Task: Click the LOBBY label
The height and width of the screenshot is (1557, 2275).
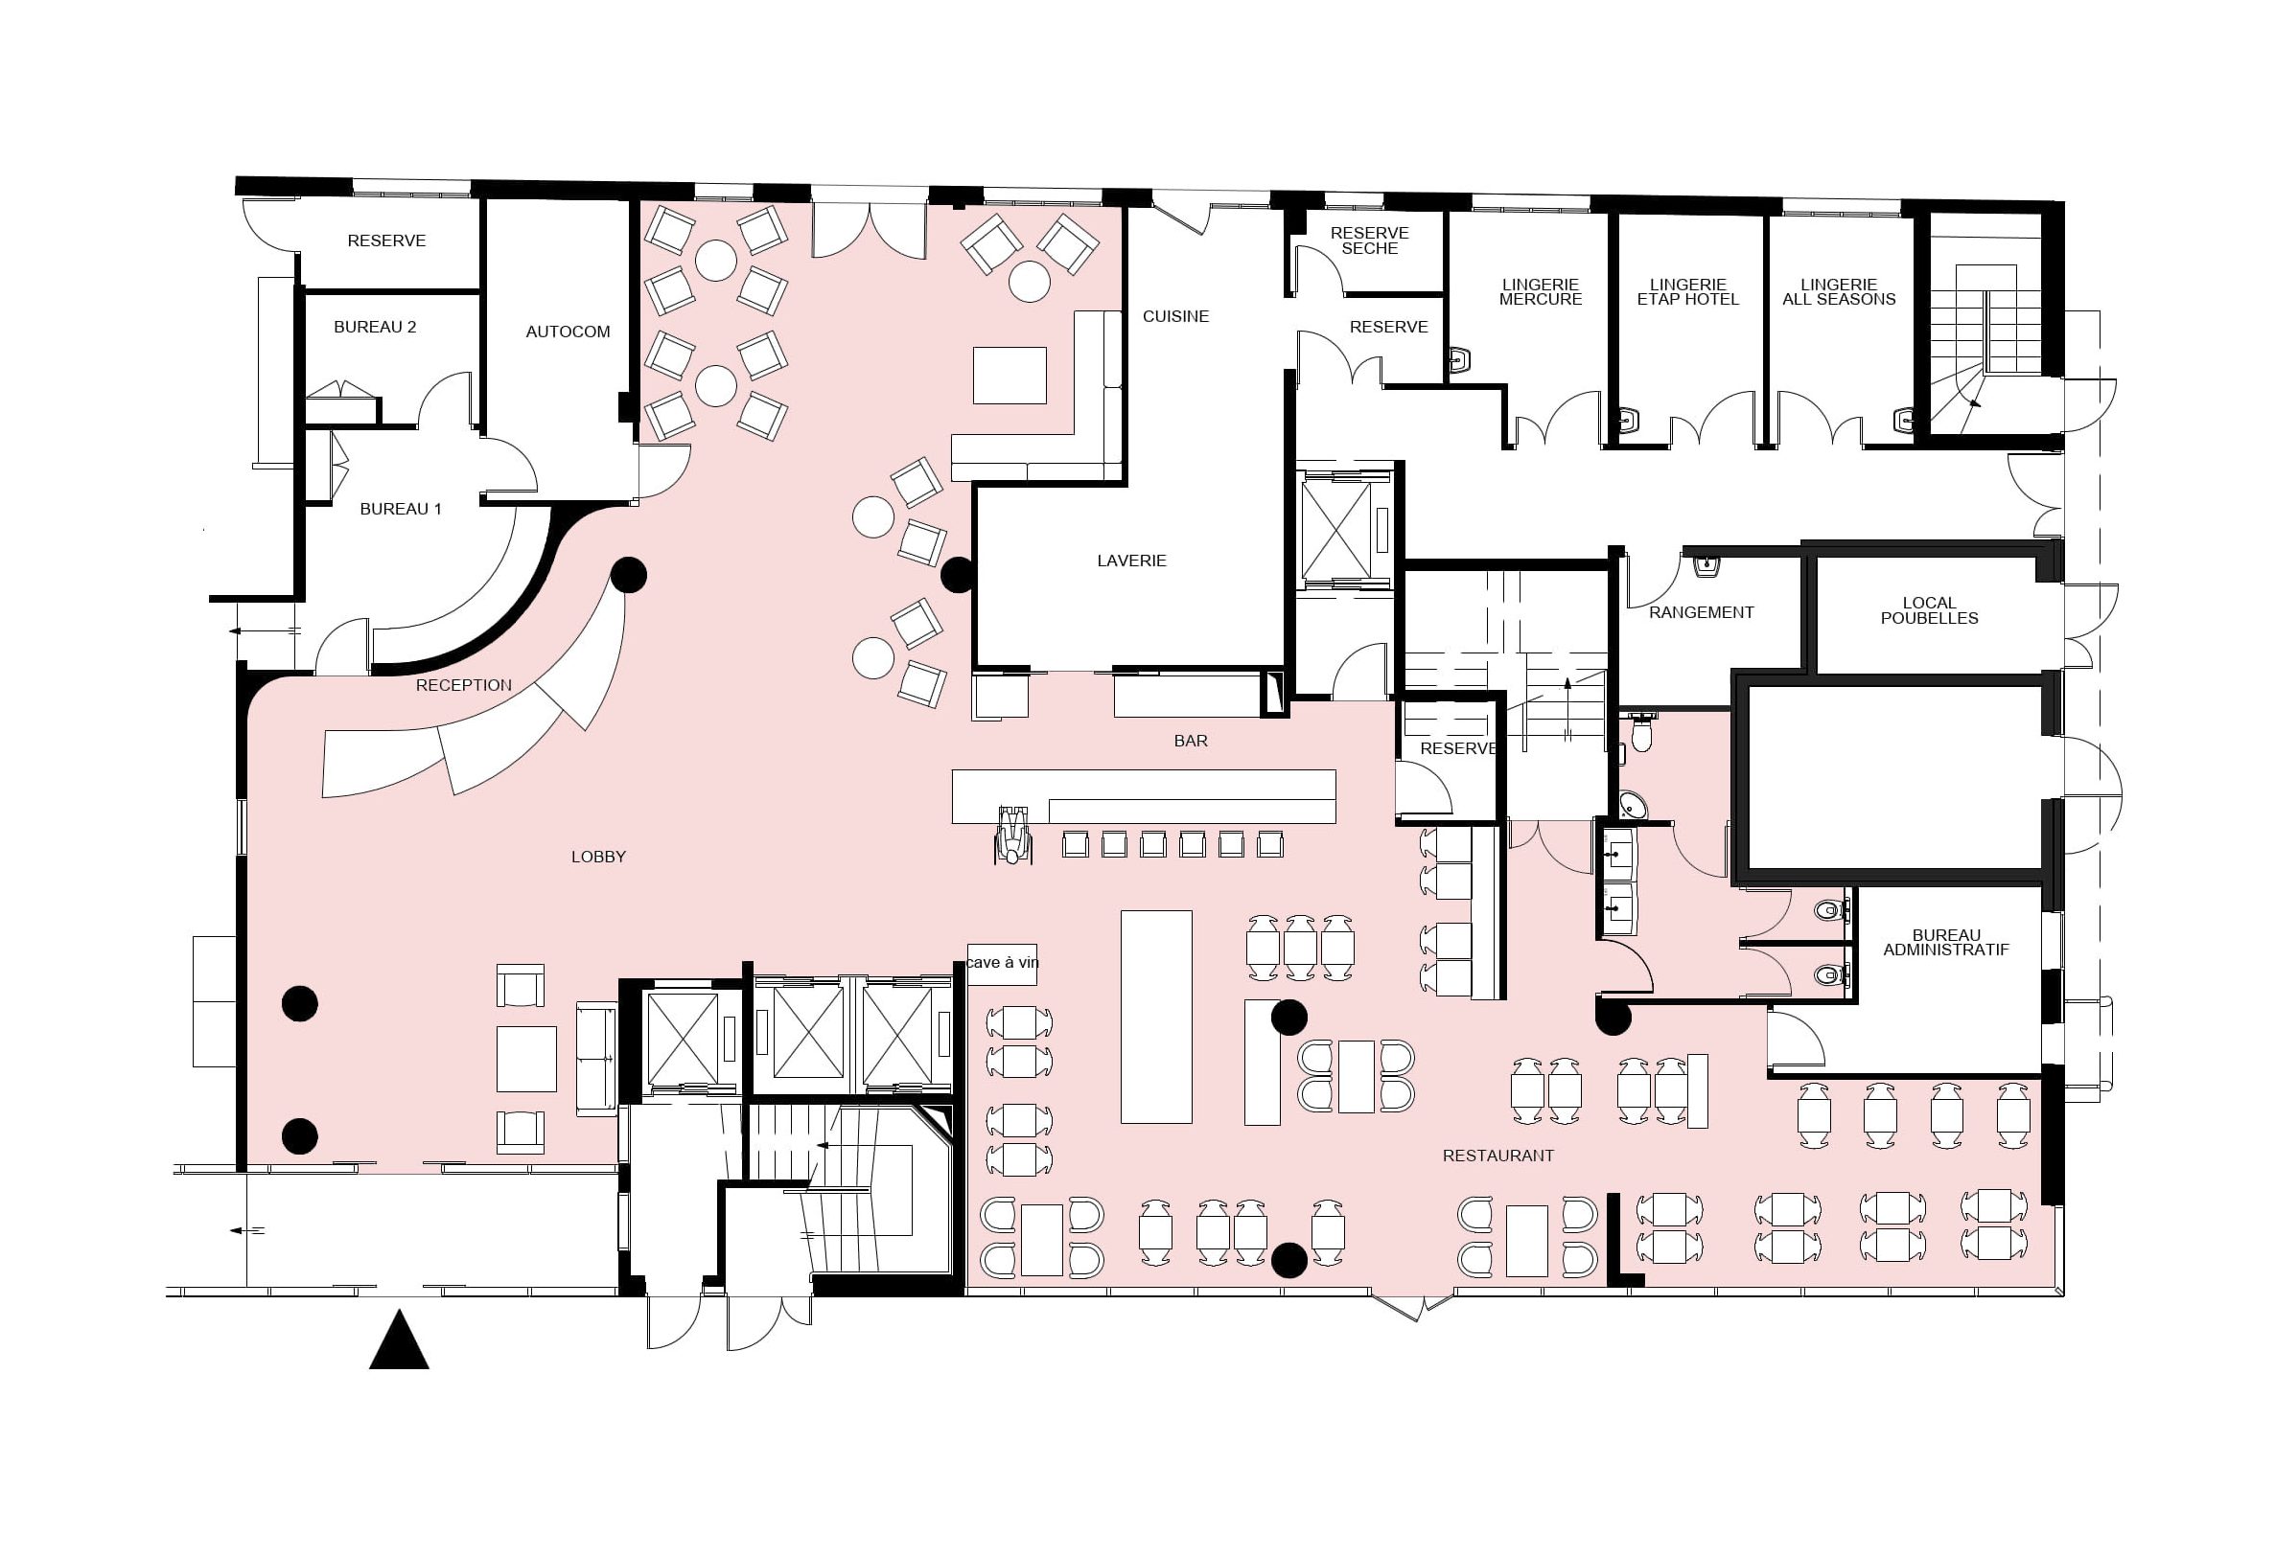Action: pos(598,858)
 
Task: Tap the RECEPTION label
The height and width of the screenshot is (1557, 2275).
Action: pos(464,686)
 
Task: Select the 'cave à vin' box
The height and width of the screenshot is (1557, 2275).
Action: pos(1002,964)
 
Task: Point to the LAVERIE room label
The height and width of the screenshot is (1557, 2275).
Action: pos(1131,561)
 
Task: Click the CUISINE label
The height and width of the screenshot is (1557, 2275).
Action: pos(1175,316)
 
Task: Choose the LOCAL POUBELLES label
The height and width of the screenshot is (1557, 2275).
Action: pos(1930,610)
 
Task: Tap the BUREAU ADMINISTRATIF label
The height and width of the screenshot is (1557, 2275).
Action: pos(1946,943)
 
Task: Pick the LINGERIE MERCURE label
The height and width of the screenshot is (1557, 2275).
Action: pos(1541,291)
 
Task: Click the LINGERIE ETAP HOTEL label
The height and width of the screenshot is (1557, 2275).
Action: pos(1687,291)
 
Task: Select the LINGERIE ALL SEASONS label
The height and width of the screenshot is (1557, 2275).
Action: pos(1840,291)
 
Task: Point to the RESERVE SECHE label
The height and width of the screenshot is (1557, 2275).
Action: pos(1369,240)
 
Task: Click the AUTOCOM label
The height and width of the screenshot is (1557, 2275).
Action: pos(568,332)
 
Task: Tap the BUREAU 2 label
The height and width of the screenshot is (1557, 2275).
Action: pos(375,327)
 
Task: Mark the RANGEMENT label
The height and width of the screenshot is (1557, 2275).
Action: pos(1702,612)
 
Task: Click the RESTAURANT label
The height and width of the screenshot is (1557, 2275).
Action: pos(1498,1156)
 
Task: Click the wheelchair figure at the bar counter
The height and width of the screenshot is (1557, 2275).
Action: pos(1012,835)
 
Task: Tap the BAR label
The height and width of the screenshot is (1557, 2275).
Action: pos(1191,741)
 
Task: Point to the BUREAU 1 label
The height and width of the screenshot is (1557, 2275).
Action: pos(401,509)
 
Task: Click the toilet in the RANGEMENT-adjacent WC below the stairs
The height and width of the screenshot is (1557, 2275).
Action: pos(1641,732)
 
